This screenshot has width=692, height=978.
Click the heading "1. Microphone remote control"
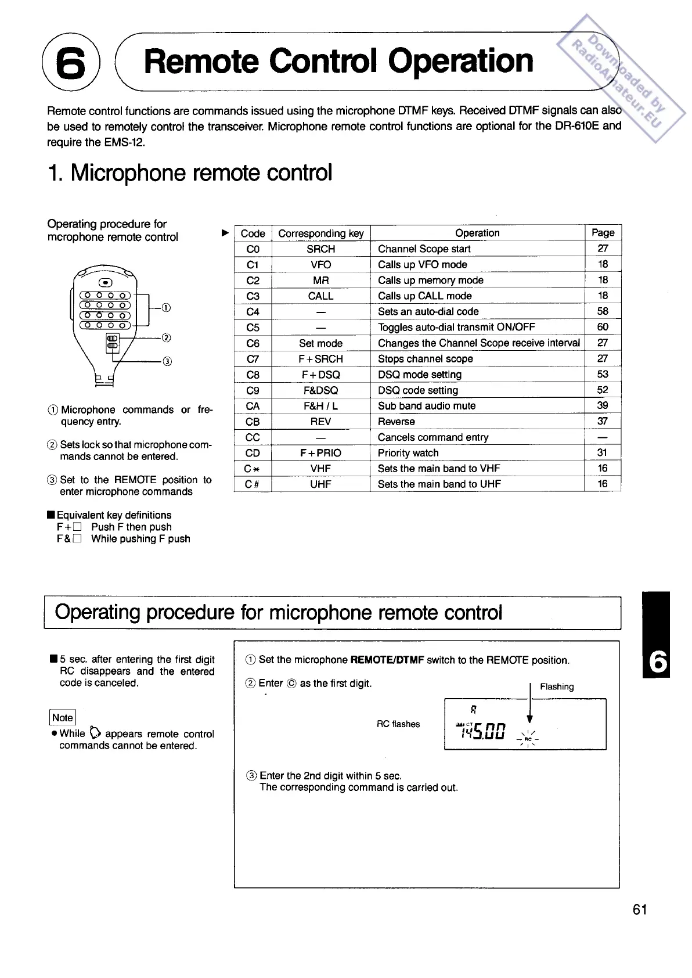click(190, 172)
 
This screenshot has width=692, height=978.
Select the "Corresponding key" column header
click(321, 233)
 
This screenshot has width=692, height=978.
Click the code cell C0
click(253, 249)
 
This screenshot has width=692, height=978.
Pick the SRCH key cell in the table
click(321, 249)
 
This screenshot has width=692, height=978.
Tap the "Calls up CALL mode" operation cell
click(424, 296)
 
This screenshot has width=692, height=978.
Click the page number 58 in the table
click(603, 311)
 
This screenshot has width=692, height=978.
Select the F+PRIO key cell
click(321, 453)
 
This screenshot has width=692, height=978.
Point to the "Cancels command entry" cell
click(433, 437)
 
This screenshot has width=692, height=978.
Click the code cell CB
click(253, 422)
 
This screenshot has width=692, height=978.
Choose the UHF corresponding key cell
click(320, 484)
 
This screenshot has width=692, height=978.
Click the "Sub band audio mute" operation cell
click(427, 406)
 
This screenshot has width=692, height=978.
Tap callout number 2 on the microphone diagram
click(166, 337)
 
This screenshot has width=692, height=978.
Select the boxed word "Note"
click(63, 718)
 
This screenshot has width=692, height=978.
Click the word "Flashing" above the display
click(557, 686)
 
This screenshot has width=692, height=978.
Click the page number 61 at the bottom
click(640, 909)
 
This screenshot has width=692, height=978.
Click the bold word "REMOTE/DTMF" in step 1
click(387, 660)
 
